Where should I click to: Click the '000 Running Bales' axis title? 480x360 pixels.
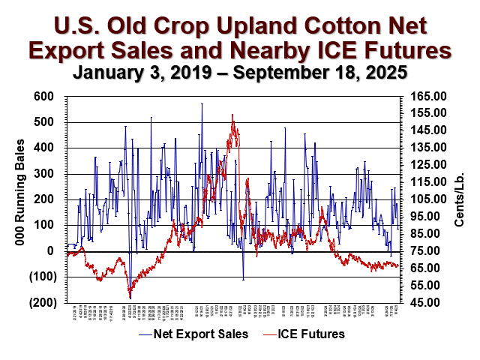16,199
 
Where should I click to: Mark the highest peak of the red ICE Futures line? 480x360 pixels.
232,115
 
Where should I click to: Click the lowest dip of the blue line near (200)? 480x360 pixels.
130,298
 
